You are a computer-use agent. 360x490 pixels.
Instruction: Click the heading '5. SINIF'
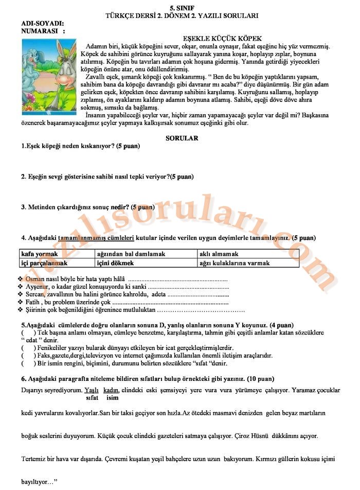182,7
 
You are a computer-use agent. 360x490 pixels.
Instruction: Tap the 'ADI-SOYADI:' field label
43,24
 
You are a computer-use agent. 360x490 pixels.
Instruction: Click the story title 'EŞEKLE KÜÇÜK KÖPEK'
222,39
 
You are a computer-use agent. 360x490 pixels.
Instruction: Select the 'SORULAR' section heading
182,138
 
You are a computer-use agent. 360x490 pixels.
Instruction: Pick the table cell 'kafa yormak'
39,254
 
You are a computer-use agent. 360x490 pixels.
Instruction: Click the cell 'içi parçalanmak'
44,262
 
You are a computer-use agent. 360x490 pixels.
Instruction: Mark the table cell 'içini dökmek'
115,262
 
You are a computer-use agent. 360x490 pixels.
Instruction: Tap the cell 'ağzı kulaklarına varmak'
234,262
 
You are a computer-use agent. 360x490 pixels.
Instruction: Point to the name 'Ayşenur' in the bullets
38,286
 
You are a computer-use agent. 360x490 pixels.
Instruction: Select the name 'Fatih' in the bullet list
33,303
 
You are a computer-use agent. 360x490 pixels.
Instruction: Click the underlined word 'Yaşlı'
92,390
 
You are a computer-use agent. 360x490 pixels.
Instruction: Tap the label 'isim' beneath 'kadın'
112,398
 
